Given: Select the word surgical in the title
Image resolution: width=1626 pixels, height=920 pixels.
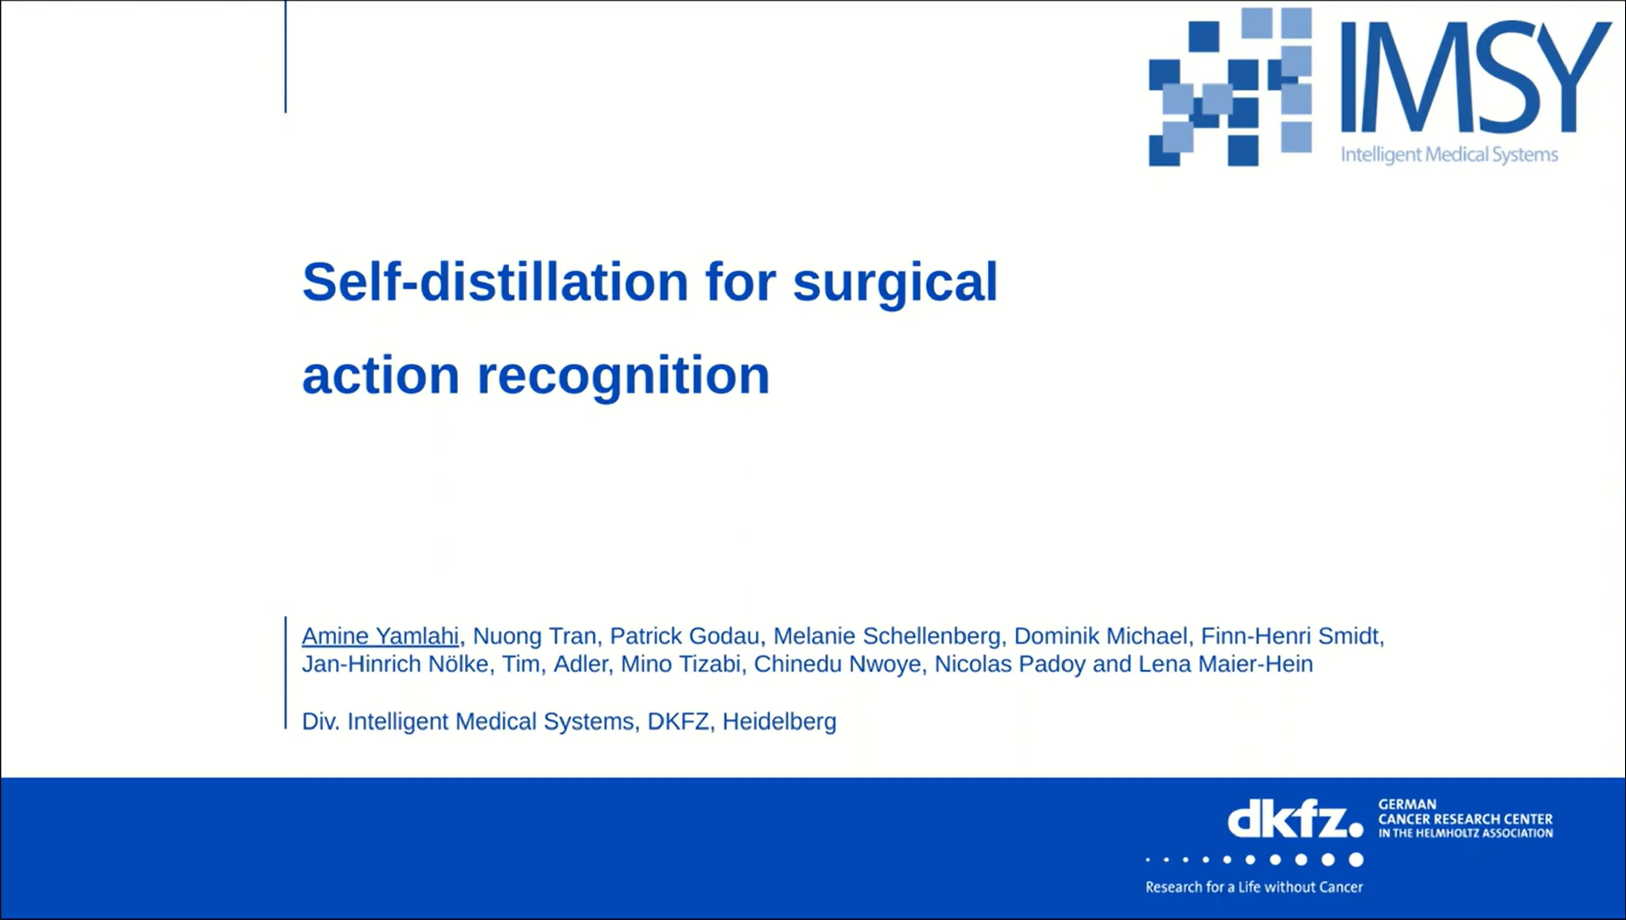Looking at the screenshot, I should click(895, 283).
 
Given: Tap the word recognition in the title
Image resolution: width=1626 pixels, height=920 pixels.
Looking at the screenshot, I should click(623, 375).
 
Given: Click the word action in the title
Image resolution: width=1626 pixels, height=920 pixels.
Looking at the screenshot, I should click(381, 375).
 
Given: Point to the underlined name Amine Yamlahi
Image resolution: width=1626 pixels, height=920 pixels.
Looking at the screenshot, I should click(380, 635).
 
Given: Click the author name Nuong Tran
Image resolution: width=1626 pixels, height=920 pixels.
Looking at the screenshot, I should click(534, 635).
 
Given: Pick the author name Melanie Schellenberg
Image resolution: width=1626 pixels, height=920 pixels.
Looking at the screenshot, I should click(887, 635).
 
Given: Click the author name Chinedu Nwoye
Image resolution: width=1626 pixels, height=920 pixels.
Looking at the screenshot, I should click(837, 664).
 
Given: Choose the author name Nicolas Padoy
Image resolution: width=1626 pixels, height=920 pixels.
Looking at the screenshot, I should click(1010, 664).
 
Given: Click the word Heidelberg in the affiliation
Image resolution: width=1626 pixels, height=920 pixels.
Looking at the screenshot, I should click(779, 721).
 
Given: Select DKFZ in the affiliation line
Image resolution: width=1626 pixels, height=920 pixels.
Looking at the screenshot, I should click(678, 721).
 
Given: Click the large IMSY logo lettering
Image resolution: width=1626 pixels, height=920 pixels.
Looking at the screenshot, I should click(1474, 77).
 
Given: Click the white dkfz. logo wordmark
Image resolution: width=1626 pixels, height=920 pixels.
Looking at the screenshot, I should click(1294, 821).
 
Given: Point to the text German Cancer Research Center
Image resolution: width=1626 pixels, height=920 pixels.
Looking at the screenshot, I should click(1465, 819).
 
